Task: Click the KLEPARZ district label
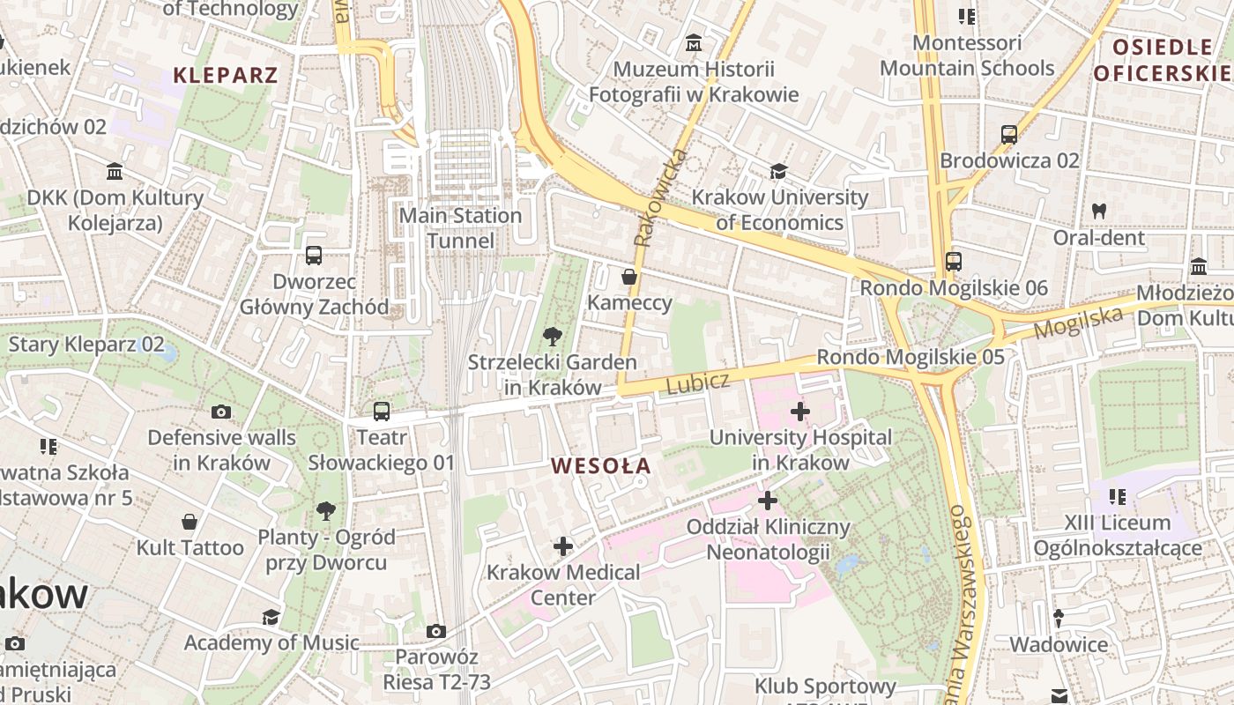click(226, 75)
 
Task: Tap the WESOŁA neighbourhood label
click(601, 465)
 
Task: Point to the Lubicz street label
click(698, 383)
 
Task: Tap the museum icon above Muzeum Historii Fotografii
click(694, 42)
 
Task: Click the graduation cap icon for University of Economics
click(778, 171)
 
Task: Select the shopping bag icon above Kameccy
click(629, 278)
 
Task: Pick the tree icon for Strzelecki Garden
click(553, 336)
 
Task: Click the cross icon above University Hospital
click(800, 411)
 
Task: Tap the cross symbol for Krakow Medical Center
click(563, 546)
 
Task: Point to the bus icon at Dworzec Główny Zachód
click(314, 256)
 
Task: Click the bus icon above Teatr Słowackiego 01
click(382, 411)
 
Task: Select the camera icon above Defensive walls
click(221, 412)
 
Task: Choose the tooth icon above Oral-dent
click(1099, 211)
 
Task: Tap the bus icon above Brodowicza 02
click(1009, 135)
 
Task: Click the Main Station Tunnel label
click(460, 228)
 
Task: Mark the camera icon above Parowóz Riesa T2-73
click(435, 631)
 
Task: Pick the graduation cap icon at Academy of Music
click(271, 617)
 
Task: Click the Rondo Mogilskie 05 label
click(911, 357)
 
